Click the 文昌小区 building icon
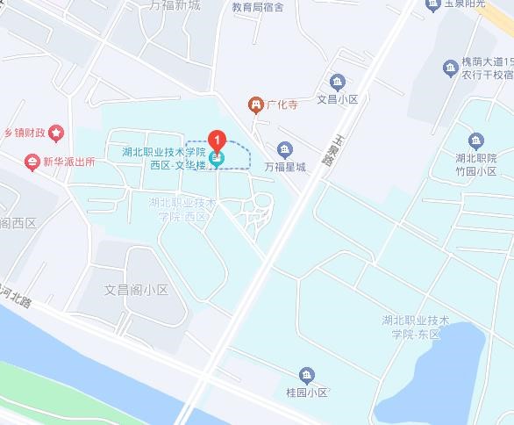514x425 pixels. click(335, 82)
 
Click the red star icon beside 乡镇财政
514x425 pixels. click(57, 133)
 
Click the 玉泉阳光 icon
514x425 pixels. click(432, 4)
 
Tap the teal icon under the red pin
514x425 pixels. click(217, 158)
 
